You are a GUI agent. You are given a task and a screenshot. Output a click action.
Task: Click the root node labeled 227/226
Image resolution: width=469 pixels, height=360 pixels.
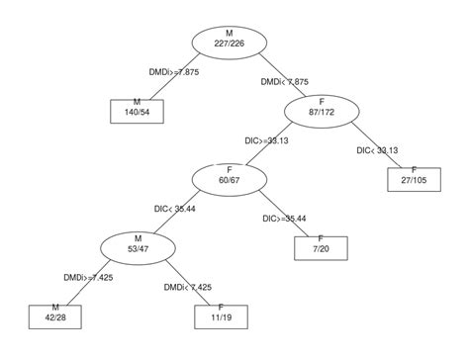click(230, 41)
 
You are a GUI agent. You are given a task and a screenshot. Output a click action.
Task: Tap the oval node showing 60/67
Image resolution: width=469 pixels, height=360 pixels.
click(229, 178)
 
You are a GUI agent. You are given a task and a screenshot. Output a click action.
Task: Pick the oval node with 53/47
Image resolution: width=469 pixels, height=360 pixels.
click(137, 244)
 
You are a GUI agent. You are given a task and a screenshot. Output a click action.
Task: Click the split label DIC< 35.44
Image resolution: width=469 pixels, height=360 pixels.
click(175, 209)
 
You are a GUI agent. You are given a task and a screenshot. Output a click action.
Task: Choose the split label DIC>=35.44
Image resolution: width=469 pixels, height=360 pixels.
click(284, 218)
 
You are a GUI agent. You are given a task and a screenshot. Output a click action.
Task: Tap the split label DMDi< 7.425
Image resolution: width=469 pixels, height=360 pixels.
click(188, 287)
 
